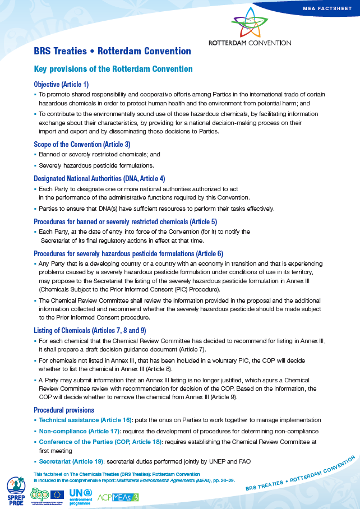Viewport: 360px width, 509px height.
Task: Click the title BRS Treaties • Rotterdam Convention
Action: (112, 51)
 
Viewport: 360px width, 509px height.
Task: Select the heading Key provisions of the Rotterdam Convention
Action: (113, 69)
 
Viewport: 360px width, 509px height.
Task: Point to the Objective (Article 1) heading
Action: (61, 84)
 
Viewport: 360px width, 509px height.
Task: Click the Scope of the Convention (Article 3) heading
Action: (82, 144)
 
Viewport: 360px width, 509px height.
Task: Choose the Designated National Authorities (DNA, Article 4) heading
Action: (99, 179)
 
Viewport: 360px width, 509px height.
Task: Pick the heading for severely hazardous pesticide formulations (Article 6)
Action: (128, 253)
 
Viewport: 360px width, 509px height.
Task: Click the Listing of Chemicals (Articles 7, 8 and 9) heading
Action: (90, 330)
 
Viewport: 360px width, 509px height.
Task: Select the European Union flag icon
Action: (57, 494)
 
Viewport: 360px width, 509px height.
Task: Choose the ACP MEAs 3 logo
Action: (119, 495)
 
